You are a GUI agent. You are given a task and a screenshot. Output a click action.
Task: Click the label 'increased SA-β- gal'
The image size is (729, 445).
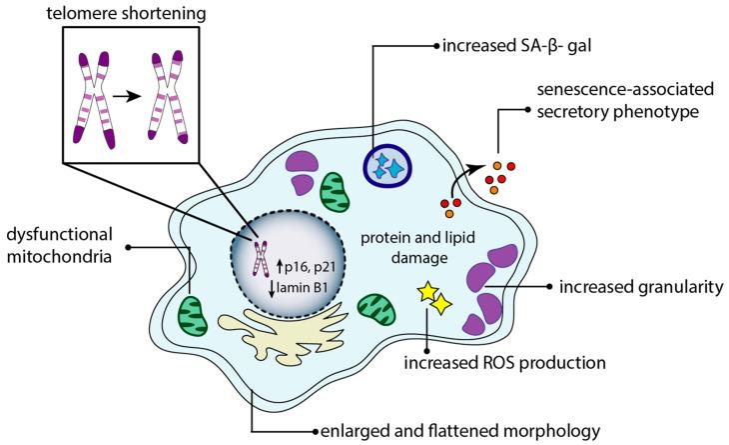(x=509, y=45)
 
